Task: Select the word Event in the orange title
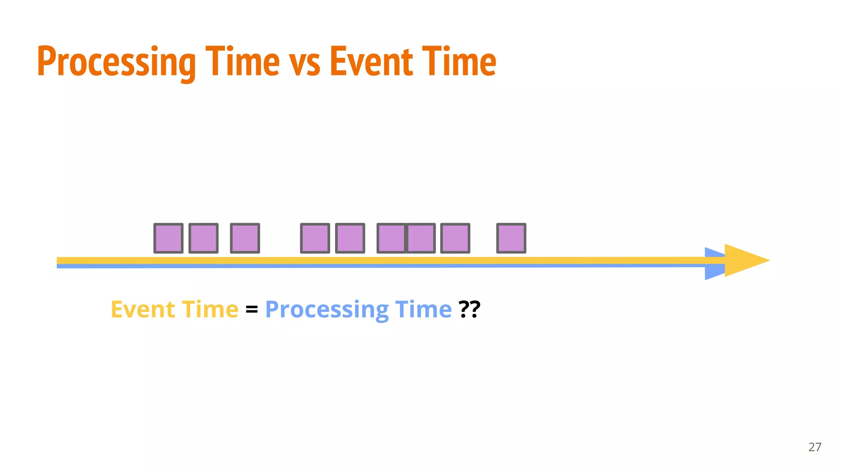point(371,62)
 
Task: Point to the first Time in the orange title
point(243,62)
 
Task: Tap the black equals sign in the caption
point(252,309)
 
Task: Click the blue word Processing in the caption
point(327,310)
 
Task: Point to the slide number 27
point(815,447)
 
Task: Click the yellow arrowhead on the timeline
point(745,260)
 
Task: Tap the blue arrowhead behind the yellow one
point(714,273)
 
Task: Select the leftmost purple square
point(168,238)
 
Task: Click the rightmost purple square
point(511,238)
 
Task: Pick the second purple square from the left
point(203,238)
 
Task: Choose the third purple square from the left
point(245,238)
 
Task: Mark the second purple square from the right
point(455,238)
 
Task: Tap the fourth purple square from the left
point(315,238)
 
